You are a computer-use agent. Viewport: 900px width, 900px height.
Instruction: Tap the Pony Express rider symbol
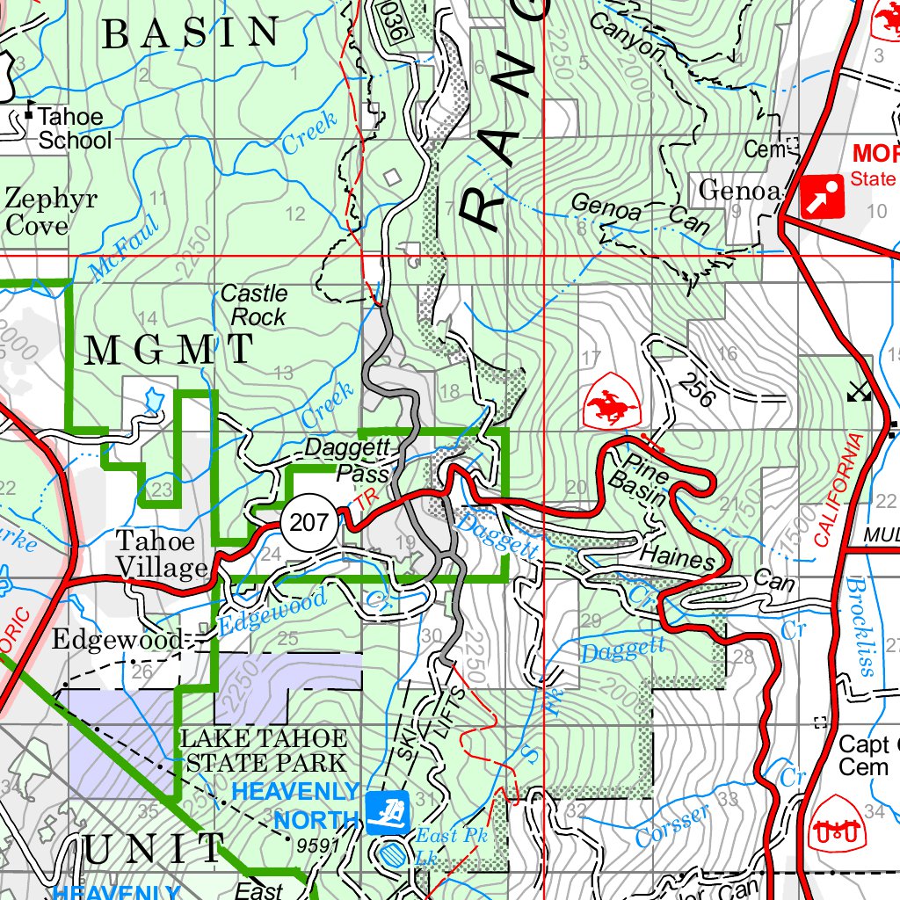(x=610, y=399)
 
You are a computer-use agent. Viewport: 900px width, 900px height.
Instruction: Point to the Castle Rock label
(x=254, y=304)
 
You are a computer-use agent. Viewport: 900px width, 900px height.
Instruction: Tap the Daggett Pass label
(x=347, y=460)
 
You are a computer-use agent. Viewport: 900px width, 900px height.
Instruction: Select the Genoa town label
(x=737, y=189)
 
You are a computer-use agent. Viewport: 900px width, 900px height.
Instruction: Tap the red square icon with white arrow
(x=823, y=197)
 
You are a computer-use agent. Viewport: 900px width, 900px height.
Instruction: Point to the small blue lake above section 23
(x=153, y=399)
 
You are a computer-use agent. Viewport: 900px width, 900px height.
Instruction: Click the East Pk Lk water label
(x=450, y=844)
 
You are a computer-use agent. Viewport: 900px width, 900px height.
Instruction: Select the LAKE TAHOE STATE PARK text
(x=264, y=749)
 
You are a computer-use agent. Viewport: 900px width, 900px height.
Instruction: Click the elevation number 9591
(x=318, y=846)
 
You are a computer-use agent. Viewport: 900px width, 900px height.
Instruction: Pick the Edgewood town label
(x=116, y=639)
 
